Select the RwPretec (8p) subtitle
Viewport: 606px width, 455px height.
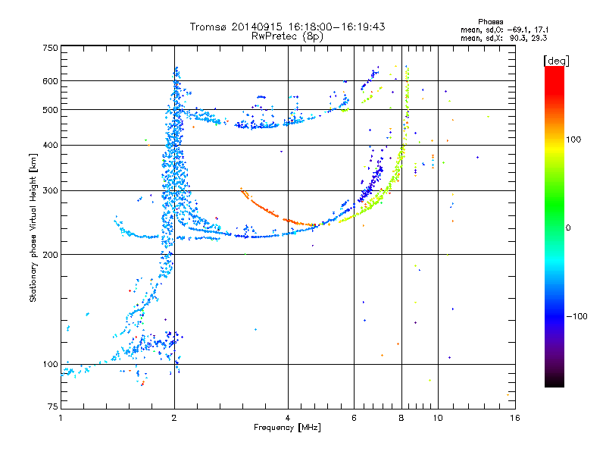(287, 36)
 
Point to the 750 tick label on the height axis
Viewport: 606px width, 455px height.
(51, 48)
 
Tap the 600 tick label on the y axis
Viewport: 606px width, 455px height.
(51, 81)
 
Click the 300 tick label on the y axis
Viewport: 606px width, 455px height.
(51, 191)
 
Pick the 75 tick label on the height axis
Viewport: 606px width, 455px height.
(53, 406)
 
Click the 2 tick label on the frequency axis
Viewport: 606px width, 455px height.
(174, 418)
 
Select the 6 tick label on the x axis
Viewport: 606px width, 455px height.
(354, 418)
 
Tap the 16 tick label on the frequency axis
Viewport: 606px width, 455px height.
(515, 418)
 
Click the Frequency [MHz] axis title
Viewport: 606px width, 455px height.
(287, 428)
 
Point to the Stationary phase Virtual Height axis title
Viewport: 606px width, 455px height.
(33, 227)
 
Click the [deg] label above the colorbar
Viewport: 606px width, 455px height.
(556, 61)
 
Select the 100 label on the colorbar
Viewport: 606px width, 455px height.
(573, 140)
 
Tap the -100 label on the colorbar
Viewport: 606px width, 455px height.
(576, 316)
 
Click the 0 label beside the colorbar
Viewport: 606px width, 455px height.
(568, 228)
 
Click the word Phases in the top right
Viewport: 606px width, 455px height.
(490, 22)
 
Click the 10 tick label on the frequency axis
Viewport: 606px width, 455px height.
(438, 418)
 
